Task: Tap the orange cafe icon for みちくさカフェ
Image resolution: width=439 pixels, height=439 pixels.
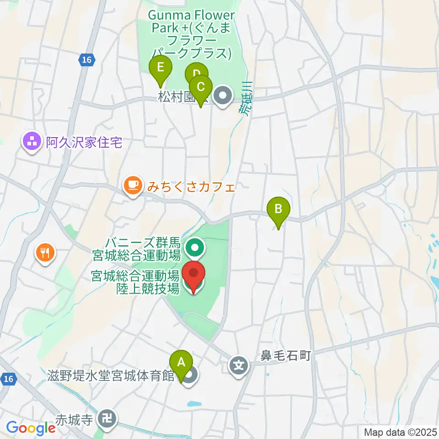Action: click(x=132, y=185)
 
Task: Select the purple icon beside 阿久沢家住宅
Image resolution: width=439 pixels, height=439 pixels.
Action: click(x=32, y=143)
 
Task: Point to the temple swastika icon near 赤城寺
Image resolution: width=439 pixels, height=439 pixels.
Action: click(x=108, y=418)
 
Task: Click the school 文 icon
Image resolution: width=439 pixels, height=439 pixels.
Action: click(x=239, y=365)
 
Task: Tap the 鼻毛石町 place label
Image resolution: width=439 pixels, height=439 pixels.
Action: click(x=285, y=355)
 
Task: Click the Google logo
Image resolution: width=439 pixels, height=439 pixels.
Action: click(x=31, y=428)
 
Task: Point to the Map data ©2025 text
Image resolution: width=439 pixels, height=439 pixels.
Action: click(x=400, y=432)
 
